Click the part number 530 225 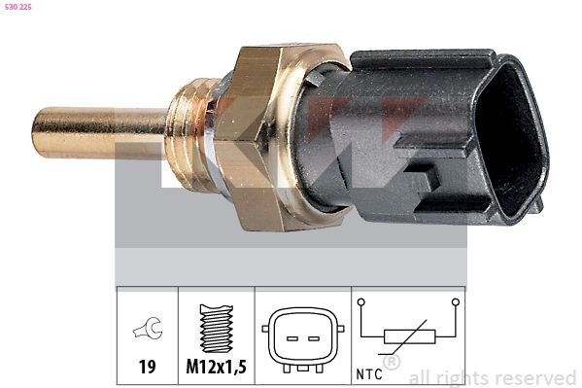[19, 8]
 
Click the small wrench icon [148, 331]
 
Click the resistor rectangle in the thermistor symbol [409, 337]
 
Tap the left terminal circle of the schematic [361, 302]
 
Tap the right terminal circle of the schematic [454, 302]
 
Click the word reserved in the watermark [534, 377]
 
